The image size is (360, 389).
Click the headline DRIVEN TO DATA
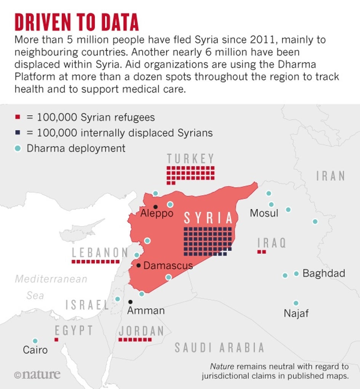coord(76,22)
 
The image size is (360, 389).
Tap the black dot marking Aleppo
coord(155,207)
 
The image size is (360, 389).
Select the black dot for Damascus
coord(139,265)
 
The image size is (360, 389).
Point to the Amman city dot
coord(131,302)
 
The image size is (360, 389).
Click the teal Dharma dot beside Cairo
coord(35,341)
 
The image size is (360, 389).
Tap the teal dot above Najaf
coord(296,303)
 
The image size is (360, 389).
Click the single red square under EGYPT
coord(56,339)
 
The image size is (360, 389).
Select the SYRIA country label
coord(208,218)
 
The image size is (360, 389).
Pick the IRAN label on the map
coord(331,176)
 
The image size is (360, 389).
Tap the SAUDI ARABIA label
coord(219,347)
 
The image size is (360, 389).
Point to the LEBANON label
coord(100,252)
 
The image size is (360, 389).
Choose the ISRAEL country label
coord(88,305)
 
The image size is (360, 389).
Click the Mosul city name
coord(264,213)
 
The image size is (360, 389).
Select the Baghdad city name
coord(324,273)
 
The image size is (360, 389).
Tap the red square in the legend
coord(18,117)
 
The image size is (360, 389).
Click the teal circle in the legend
coord(18,148)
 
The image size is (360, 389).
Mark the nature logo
coord(37,374)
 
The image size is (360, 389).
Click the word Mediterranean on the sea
coord(51,279)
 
